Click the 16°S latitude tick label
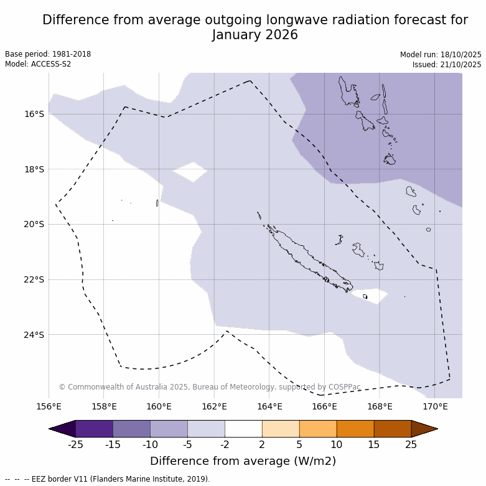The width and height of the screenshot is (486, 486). pos(34,114)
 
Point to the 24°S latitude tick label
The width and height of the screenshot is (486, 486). pos(34,335)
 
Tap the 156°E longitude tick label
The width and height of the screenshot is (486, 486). pos(49,407)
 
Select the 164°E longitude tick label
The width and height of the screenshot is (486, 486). pos(269,407)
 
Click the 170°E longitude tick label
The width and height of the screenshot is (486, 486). pos(435,407)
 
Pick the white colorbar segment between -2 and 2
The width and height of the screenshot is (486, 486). pos(243,429)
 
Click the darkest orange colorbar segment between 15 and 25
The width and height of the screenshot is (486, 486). pos(393,429)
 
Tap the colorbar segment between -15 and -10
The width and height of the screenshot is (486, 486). pos(131,429)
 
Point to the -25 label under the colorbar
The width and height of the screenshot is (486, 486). pos(75,444)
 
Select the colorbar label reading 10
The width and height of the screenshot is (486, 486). pos(337,444)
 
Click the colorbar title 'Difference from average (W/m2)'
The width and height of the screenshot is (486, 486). pos(243,461)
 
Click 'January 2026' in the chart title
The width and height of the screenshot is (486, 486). pos(255,35)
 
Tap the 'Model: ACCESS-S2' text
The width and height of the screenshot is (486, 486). pos(38,64)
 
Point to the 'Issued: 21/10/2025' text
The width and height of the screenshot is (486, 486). pos(447,65)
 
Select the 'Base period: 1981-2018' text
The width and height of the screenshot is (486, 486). pos(48,54)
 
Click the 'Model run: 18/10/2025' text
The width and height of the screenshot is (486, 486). pos(441,55)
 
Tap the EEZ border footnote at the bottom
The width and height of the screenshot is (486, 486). pos(108,479)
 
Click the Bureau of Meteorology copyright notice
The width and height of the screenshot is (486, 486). pos(210,387)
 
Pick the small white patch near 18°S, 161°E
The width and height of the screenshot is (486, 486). pos(190,171)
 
